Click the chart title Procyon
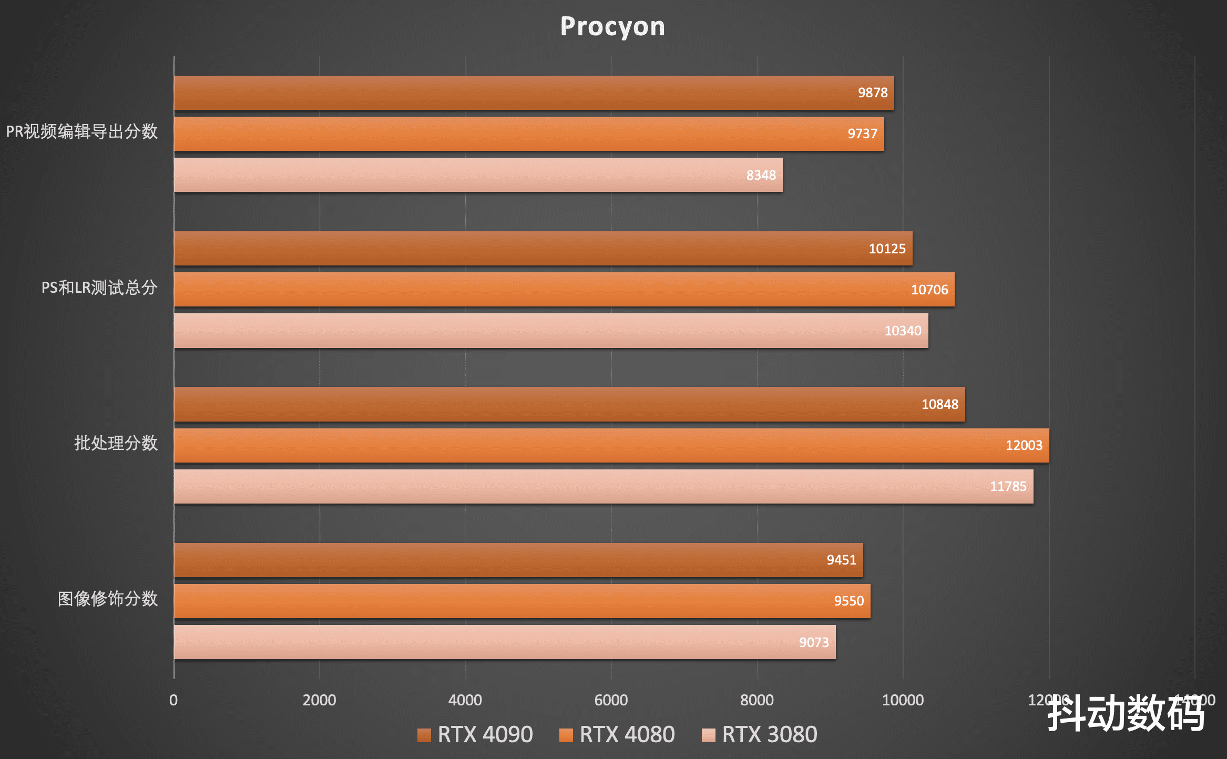coord(612,26)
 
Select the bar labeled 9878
coord(534,93)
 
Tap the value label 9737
coord(862,134)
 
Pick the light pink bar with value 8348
coord(478,175)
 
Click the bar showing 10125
coord(543,249)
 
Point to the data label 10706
coord(929,290)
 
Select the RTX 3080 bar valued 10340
coord(551,331)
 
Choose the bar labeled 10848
coord(569,404)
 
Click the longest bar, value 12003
coord(611,445)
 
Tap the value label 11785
coord(1008,486)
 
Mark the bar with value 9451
coord(518,560)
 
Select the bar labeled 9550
coord(522,601)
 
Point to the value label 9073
coord(813,642)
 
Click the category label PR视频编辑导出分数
coord(82,131)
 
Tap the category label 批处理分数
coord(116,443)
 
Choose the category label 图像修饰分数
coord(108,599)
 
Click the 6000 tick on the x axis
coord(611,700)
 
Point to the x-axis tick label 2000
coord(319,700)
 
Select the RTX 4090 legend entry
coord(475,734)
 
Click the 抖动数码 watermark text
coord(1126,713)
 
